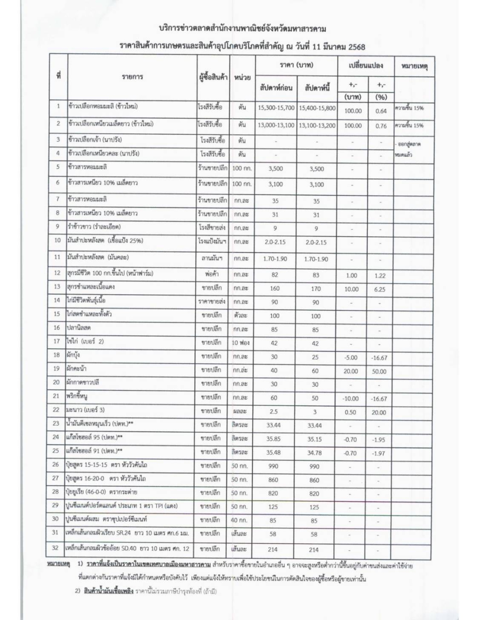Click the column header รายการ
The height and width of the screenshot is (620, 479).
coord(132,77)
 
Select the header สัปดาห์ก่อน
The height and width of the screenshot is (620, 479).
coord(275,87)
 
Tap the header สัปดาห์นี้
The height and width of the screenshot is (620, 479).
coord(317,87)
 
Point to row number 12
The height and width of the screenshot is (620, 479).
coord(57,273)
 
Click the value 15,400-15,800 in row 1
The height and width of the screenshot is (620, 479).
coord(317,108)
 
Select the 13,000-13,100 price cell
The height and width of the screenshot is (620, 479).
coord(275,125)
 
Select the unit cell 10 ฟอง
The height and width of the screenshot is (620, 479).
coord(240,343)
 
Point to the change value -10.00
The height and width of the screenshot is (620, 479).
coord(351,399)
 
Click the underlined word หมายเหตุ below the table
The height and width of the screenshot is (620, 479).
coord(58,566)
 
